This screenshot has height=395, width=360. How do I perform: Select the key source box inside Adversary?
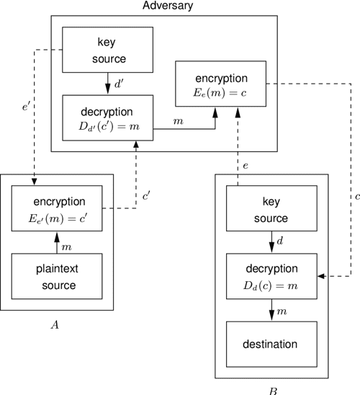coord(107,50)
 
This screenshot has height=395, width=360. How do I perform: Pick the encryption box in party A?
coord(58,207)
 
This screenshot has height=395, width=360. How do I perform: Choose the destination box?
coord(272,343)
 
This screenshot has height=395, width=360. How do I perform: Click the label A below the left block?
coord(53,325)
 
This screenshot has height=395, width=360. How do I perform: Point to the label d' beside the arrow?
coord(120,84)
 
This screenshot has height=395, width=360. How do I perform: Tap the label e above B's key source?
coord(246,166)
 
